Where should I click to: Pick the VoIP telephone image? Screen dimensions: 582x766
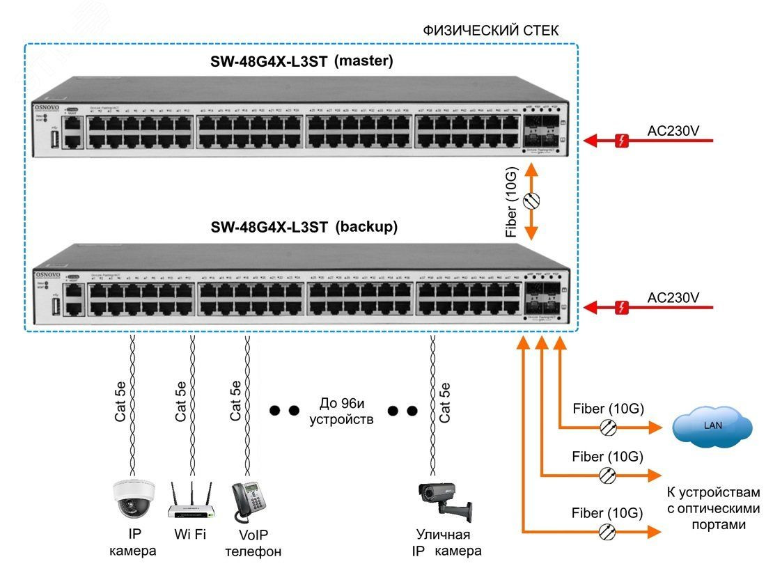coord(247,500)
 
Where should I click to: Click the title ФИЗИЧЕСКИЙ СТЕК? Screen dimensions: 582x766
coord(491,31)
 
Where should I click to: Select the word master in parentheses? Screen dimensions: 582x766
coord(364,61)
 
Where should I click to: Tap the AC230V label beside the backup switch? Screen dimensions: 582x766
coord(673,297)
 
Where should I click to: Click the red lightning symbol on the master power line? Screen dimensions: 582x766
coord(623,141)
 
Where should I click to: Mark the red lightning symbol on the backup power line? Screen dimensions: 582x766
coord(623,307)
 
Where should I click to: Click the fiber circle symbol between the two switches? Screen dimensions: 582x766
coord(531,200)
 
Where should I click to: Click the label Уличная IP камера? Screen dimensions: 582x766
coord(444,543)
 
